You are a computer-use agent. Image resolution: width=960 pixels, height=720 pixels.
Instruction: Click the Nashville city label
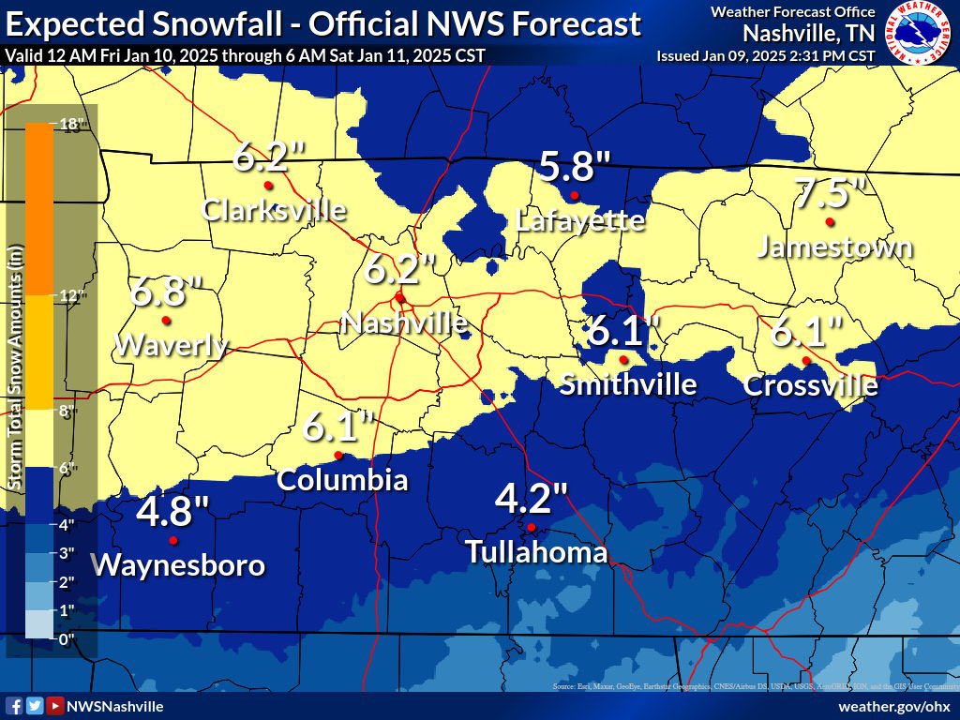[403, 322]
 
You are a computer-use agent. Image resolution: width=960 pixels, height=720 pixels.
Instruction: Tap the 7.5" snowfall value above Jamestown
[829, 194]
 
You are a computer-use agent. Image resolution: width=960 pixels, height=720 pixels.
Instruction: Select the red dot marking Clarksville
[268, 186]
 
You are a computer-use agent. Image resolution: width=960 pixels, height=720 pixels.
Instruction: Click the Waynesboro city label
[177, 565]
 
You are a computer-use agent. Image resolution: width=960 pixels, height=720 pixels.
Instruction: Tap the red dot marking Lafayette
[574, 195]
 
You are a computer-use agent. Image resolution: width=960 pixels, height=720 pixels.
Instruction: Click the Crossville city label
[811, 385]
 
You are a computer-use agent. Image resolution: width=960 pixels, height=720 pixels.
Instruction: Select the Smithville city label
[628, 384]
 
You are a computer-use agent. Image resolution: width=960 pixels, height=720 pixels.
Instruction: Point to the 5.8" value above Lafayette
[575, 168]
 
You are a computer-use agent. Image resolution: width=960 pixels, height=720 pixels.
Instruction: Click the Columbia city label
[342, 480]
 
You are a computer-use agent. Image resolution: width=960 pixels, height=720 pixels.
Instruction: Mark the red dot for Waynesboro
[172, 541]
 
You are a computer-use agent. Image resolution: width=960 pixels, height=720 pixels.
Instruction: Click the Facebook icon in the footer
[14, 706]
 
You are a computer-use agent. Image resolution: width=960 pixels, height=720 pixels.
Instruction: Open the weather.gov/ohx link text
[893, 706]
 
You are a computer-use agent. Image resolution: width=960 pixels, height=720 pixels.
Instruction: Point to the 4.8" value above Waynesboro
[172, 513]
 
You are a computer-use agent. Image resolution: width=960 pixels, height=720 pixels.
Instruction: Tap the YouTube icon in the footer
[55, 706]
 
